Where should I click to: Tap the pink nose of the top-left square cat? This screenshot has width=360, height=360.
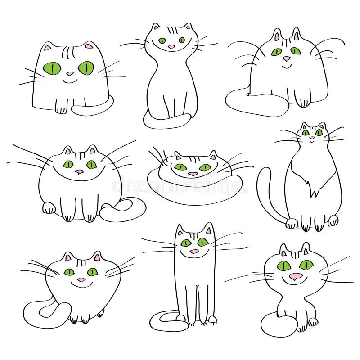click(70, 74)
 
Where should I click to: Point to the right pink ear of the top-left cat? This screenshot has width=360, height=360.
click(89, 46)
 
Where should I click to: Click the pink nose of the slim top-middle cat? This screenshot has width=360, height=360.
click(171, 46)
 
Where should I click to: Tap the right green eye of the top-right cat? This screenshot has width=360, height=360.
click(295, 51)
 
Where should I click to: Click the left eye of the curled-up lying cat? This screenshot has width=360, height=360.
click(180, 167)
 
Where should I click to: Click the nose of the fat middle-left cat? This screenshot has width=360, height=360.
click(79, 171)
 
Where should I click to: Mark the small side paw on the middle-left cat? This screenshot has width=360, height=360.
click(49, 208)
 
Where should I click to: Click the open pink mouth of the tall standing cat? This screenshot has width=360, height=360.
click(194, 251)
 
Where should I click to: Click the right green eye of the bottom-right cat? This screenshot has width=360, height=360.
click(306, 265)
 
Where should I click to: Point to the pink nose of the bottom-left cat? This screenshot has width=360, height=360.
click(81, 280)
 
